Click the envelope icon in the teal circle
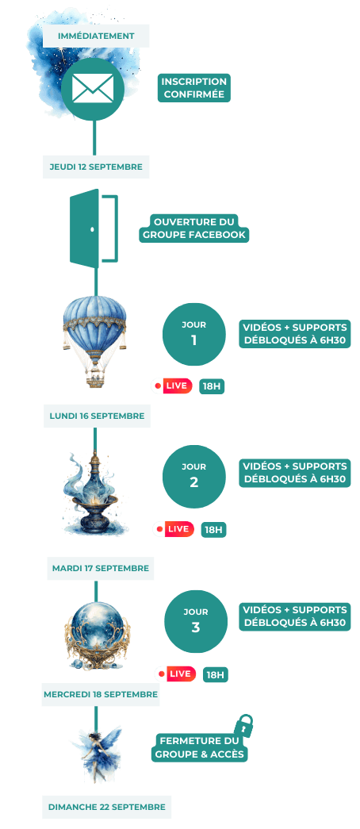[x=93, y=88]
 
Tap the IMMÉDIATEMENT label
[x=96, y=36]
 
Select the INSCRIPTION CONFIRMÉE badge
[x=194, y=88]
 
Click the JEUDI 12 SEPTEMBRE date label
[x=96, y=167]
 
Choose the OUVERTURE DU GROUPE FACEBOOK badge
[x=194, y=228]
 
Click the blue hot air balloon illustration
[x=95, y=341]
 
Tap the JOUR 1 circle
[x=194, y=334]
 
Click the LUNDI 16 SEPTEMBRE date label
[x=97, y=416]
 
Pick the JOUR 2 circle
[x=194, y=476]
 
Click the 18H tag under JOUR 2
[x=213, y=529]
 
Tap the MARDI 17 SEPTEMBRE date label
[x=101, y=568]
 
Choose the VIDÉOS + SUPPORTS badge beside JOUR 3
[x=294, y=616]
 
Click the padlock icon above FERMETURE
[x=243, y=725]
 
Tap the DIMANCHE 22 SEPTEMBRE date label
[x=107, y=807]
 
